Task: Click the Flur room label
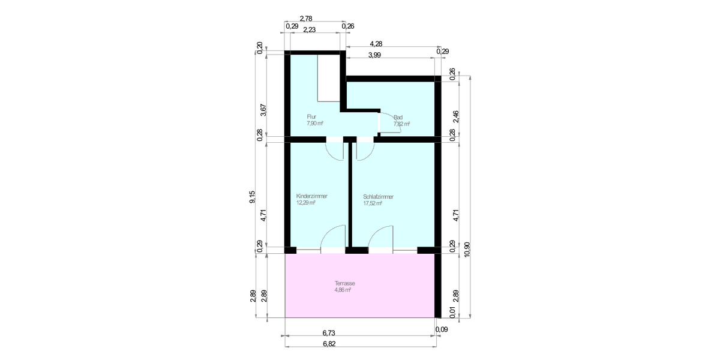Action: point(311,116)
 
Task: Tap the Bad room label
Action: point(398,118)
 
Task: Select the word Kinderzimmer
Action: point(312,196)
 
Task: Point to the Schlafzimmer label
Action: point(379,196)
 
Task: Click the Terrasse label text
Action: point(345,283)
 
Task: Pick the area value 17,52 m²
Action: point(373,203)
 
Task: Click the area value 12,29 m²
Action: point(305,203)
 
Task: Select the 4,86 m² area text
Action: point(343,289)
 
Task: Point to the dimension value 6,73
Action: point(328,332)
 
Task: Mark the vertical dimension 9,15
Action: point(253,197)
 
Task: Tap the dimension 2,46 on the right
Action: point(456,116)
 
